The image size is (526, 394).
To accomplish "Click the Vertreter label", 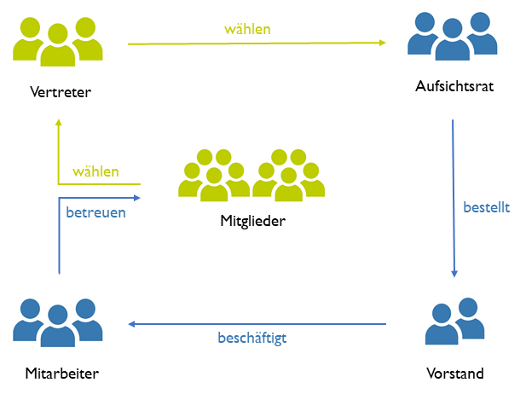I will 60,92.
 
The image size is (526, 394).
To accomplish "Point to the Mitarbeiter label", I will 61,373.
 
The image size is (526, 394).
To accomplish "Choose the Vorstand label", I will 454,373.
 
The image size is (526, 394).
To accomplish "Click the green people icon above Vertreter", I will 58,42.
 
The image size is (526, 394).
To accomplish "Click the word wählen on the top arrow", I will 247,29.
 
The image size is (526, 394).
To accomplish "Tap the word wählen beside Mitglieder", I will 95,171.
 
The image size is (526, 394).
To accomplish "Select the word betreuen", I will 96,212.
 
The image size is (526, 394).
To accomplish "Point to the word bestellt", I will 487,206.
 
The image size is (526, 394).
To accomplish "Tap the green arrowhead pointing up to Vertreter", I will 58,125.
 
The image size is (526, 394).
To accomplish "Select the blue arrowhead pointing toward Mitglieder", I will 136,198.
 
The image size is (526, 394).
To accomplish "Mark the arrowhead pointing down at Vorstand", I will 454,275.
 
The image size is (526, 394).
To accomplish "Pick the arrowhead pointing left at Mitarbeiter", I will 132,324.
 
